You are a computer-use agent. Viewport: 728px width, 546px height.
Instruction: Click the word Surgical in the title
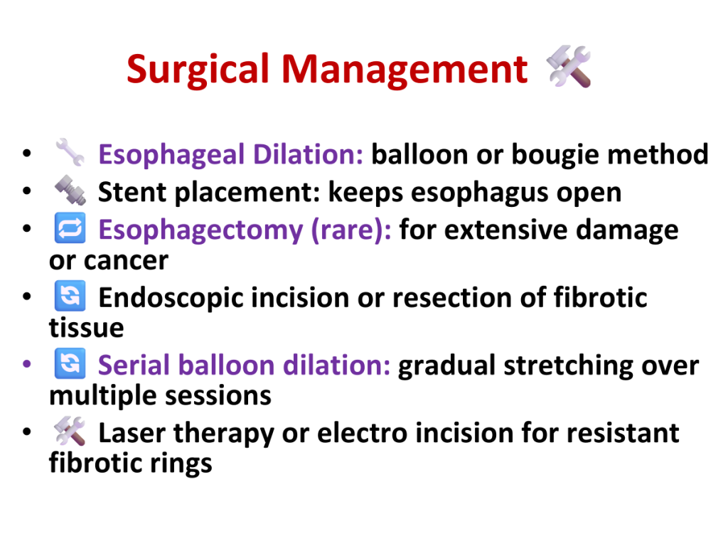pyautogui.click(x=198, y=70)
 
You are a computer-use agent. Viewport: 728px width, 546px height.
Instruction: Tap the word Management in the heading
pyautogui.click(x=405, y=70)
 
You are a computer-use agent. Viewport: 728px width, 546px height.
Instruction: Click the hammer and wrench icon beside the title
pyautogui.click(x=569, y=66)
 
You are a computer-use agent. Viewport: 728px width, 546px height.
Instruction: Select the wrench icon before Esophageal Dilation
pyautogui.click(x=70, y=152)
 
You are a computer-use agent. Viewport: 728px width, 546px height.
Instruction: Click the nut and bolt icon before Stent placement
pyautogui.click(x=70, y=190)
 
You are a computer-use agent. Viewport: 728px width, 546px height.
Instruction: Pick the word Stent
pyautogui.click(x=132, y=192)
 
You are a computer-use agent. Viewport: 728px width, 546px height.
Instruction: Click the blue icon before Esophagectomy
pyautogui.click(x=70, y=227)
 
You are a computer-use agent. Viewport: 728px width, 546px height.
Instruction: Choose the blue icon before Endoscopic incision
pyautogui.click(x=70, y=295)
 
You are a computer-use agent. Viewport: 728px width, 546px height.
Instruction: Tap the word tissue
pyautogui.click(x=86, y=328)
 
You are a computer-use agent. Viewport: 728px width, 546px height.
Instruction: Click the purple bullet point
pyautogui.click(x=27, y=363)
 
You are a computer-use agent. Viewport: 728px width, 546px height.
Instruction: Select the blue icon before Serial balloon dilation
pyautogui.click(x=70, y=363)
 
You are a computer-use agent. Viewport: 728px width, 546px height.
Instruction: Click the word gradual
pyautogui.click(x=446, y=366)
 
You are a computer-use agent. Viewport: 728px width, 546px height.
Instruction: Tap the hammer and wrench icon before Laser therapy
pyautogui.click(x=70, y=430)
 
